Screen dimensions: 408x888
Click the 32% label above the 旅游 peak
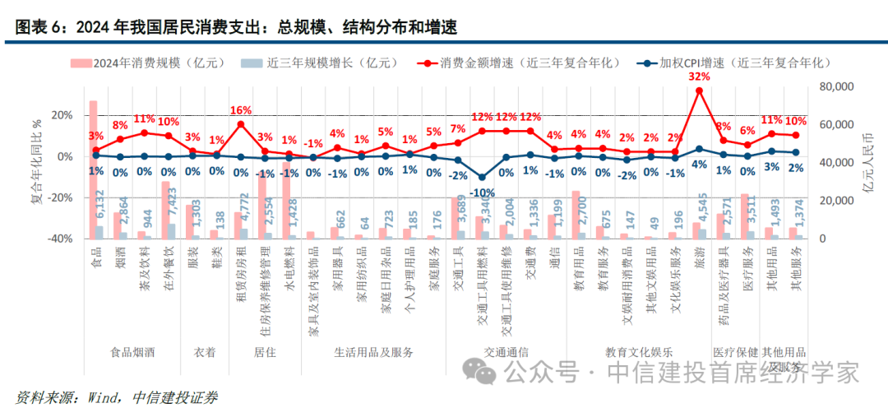pos(699,76)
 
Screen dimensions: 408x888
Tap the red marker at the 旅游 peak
pos(700,90)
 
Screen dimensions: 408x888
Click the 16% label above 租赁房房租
pos(241,110)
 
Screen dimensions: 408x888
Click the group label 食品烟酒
pos(133,351)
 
